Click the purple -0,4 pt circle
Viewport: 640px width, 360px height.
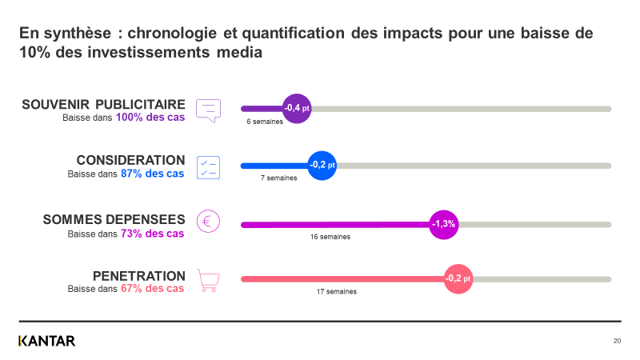point(297,109)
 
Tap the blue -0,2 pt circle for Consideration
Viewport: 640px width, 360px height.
point(322,166)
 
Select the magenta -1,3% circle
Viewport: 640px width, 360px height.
point(443,224)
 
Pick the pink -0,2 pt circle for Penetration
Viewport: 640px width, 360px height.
point(458,278)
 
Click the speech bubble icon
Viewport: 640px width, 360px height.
point(208,110)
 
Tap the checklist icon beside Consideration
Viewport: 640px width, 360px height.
point(208,166)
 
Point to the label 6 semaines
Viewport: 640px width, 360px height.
point(264,122)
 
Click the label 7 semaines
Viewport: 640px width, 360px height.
point(278,178)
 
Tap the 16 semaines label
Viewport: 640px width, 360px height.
point(330,238)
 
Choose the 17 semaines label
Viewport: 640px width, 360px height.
point(337,292)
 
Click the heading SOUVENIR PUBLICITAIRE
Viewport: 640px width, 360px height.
point(103,105)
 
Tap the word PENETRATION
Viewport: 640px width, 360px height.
point(139,275)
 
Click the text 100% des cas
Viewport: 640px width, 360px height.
point(150,118)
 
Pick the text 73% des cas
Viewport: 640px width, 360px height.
point(153,234)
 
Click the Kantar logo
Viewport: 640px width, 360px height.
point(47,341)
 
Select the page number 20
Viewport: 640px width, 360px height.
point(617,342)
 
